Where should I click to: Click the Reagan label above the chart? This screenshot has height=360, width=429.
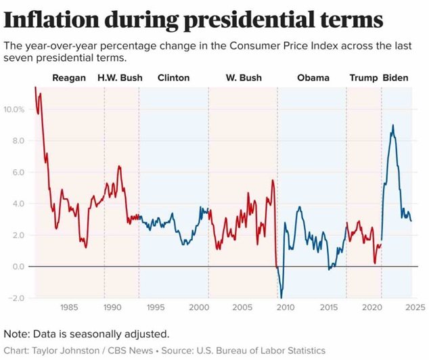pos(69,78)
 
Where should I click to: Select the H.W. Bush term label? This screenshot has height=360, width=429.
pos(120,78)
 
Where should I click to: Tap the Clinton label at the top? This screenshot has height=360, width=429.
pos(173,78)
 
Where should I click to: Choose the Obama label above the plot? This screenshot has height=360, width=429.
pos(313,78)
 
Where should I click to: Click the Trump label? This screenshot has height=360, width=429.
pos(363,78)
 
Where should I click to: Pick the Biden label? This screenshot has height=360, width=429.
pos(396,78)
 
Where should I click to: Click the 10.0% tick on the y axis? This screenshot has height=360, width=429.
pos(14,109)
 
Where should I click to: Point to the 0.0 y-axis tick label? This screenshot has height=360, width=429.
pos(18,267)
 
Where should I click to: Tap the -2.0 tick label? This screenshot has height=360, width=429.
pos(17,298)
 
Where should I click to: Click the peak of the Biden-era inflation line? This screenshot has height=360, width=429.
pos(393,125)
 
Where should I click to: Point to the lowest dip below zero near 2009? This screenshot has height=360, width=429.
pos(281,297)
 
